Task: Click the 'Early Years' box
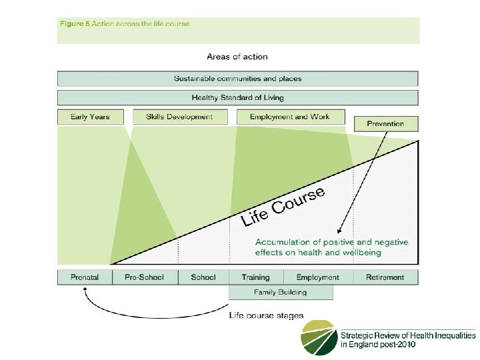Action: pos(91,117)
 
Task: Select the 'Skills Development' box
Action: pos(179,117)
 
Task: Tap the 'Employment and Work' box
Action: pos(290,117)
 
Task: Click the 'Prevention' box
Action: pos(385,123)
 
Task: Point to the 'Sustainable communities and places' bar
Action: pos(238,79)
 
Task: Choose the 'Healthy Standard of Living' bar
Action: pos(238,97)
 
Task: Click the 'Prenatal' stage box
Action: pos(85,277)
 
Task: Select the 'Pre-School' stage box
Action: pos(144,277)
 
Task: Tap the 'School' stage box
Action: pos(203,277)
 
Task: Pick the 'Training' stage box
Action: pos(256,277)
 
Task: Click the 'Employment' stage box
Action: pos(317,277)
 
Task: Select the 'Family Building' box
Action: pos(280,292)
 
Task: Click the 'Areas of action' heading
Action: pos(237,57)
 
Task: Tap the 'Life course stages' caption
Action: pos(266,315)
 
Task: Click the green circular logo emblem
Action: pos(319,337)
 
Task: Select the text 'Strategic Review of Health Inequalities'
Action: pos(408,335)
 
